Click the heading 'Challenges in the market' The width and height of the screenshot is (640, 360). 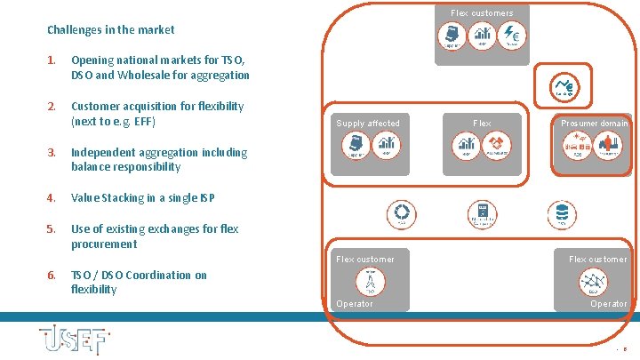click(110, 30)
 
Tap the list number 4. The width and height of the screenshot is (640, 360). click(52, 197)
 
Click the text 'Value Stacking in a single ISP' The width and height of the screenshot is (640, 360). click(143, 197)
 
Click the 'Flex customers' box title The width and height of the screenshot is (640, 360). click(482, 13)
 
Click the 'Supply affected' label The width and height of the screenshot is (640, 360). click(368, 124)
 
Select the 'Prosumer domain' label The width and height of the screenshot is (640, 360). click(594, 124)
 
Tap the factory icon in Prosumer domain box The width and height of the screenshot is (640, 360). click(609, 144)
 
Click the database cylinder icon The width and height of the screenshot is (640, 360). click(561, 212)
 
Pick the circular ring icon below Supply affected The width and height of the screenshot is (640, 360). click(402, 212)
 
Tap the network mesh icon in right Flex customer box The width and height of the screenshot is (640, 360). click(593, 280)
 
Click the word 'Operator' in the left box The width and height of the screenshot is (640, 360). click(355, 304)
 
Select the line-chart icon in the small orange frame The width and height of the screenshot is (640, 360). click(564, 84)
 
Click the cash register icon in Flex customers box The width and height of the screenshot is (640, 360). click(452, 35)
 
